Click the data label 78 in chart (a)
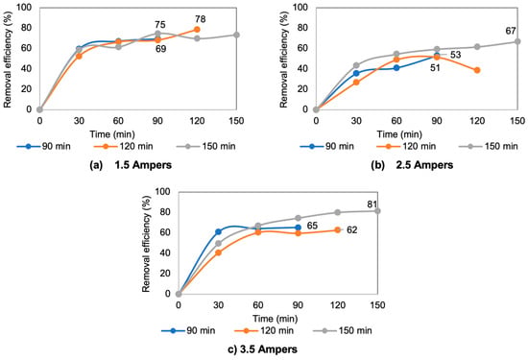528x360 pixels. coord(200,19)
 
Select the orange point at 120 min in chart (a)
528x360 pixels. coord(197,30)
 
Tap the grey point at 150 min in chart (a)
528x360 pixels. coord(236,35)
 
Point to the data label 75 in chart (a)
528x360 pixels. coord(160,25)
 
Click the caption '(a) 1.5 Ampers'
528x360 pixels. coord(131,165)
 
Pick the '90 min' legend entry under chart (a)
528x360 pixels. coord(44,147)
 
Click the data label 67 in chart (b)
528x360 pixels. coord(511,31)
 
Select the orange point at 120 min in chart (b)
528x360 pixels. coord(477,70)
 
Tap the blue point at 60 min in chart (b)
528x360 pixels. coord(396,68)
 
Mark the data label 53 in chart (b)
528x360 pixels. coord(455,55)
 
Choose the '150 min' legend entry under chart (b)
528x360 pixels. coord(489,147)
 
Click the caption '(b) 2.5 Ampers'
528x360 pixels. coord(412,165)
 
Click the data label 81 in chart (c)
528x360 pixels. coord(372,204)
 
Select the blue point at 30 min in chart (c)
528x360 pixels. coord(218,231)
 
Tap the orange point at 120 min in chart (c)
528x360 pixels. coord(338,230)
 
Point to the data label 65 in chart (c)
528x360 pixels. coord(312,226)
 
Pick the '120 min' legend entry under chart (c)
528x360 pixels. coord(264,330)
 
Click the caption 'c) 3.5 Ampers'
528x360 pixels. coord(263,349)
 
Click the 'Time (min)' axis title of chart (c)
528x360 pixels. coord(276,319)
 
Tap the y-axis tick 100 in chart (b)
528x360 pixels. coord(300,7)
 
